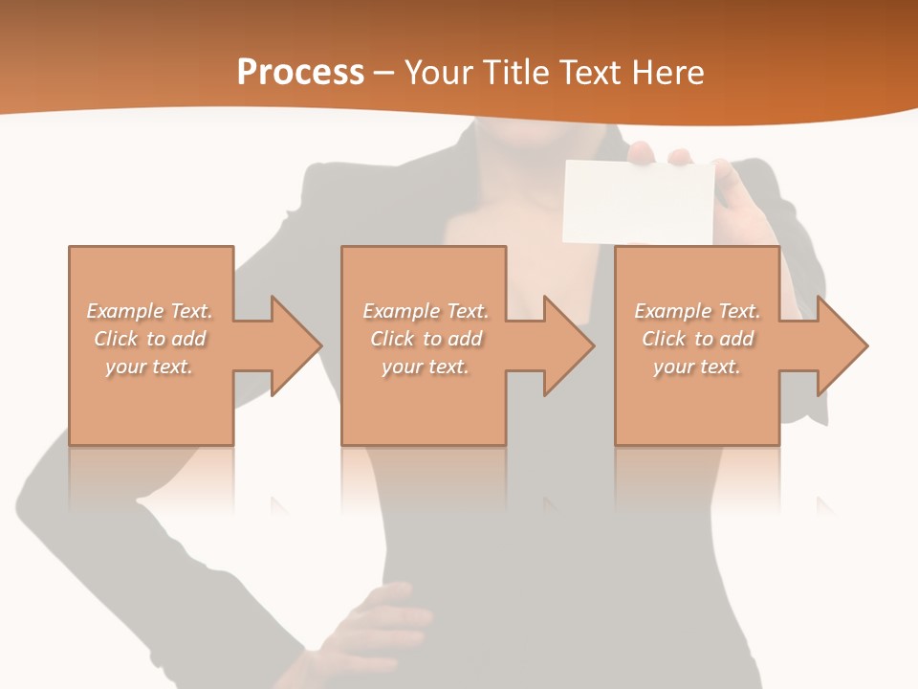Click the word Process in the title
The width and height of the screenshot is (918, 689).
point(300,73)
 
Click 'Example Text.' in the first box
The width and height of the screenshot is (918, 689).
point(150,311)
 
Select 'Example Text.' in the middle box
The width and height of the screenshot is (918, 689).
point(426,311)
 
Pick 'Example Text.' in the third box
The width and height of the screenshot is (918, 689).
point(697,311)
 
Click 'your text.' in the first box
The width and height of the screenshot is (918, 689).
point(149,367)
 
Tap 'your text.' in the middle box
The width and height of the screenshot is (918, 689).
point(425,367)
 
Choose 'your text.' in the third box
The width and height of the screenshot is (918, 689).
point(696,367)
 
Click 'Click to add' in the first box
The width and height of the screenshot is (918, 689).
point(150,339)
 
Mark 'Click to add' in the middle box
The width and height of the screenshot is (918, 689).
point(426,339)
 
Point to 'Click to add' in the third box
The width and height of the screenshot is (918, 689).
point(698,339)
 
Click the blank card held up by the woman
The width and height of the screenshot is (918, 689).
point(639,201)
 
